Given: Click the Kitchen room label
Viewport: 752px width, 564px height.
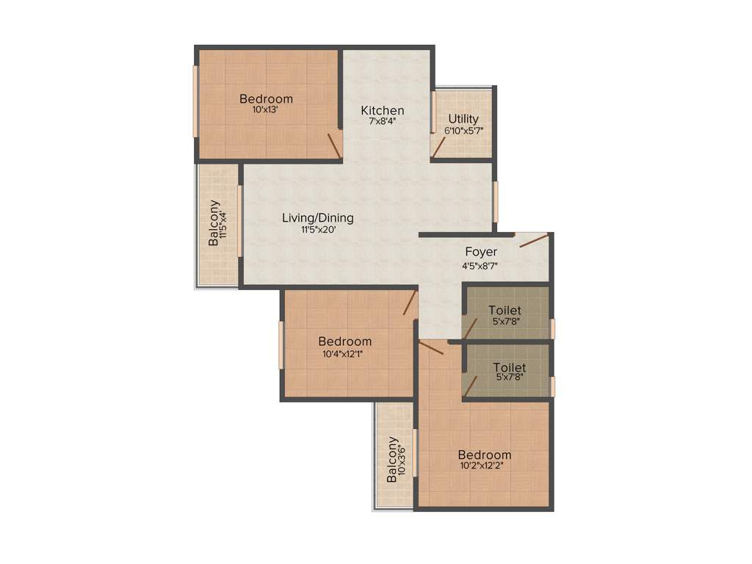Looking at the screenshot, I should (x=382, y=111).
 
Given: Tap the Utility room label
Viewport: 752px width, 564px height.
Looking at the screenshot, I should (x=463, y=119).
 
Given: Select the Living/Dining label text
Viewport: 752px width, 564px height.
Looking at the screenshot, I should (x=318, y=218).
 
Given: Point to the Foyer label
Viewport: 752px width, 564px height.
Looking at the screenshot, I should (x=481, y=253).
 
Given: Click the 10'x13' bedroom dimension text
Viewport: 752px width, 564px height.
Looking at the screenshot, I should (x=266, y=110).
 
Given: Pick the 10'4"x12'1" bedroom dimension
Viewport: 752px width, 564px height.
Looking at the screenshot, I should (x=344, y=352).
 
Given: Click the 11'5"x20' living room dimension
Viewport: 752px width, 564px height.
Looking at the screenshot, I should (x=318, y=229).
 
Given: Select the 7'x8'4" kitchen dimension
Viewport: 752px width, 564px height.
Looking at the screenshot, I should (x=382, y=122).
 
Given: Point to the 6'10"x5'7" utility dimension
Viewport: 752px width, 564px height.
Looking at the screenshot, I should (x=463, y=131).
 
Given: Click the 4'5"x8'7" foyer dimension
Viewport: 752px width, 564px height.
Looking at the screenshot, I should (x=481, y=266).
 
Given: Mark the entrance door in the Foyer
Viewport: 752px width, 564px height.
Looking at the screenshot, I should (x=533, y=240).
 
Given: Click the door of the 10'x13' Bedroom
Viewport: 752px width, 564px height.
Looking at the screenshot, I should (x=334, y=144).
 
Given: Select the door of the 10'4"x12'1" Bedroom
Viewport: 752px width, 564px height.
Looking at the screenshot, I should (x=410, y=303).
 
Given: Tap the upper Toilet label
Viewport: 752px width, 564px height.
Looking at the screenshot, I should (x=505, y=311).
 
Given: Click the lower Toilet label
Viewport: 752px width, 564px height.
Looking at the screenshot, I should (x=510, y=367).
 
